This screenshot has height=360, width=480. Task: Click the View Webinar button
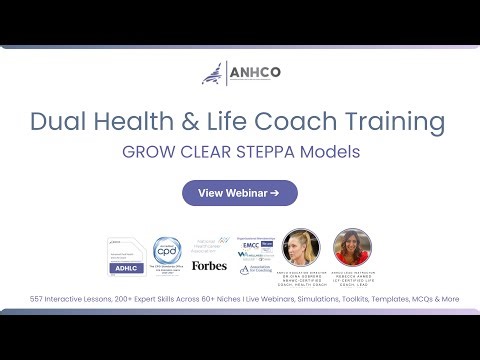239,193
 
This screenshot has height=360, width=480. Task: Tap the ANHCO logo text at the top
255,73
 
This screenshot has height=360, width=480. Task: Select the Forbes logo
210,265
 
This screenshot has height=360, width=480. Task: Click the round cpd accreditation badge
166,253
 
